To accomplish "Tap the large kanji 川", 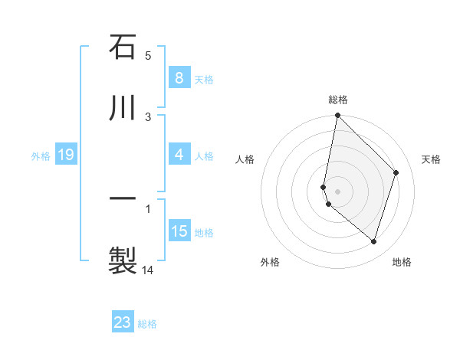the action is (x=123, y=109).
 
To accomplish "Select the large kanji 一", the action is (x=123, y=198).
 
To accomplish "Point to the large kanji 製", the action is (x=123, y=260).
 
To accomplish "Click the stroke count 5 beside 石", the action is (x=148, y=55).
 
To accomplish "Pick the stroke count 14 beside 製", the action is (x=148, y=270).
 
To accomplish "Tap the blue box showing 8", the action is (x=179, y=78).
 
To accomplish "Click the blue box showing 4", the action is (x=179, y=155).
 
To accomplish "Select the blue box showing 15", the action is (x=179, y=231).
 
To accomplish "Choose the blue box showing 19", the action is (x=66, y=155).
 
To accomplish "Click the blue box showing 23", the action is (x=123, y=322).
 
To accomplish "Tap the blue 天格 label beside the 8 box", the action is (x=204, y=79).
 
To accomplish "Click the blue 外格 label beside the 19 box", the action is (x=41, y=156).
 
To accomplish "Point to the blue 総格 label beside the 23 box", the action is (x=148, y=324).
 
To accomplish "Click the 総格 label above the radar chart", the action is (x=337, y=100).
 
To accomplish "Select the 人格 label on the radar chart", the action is (x=245, y=159).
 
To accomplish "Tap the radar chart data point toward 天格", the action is (x=396, y=172).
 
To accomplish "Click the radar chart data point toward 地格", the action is (x=373, y=241).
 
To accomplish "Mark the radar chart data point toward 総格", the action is (x=337, y=116).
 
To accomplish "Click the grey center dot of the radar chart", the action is (x=337, y=191).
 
